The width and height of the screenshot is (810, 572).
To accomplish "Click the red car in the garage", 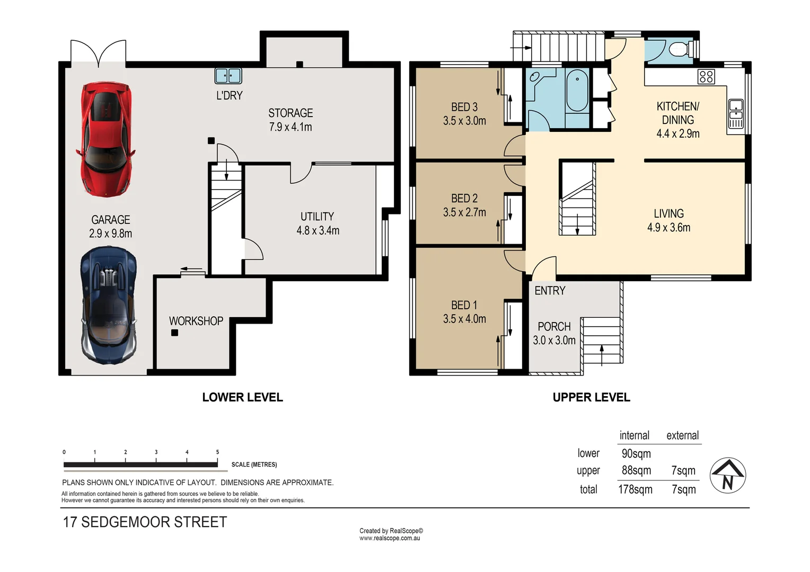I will tap(105, 139).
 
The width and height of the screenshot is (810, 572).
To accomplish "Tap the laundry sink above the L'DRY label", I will tap(228, 76).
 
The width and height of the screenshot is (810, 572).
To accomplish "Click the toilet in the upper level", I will tap(678, 50).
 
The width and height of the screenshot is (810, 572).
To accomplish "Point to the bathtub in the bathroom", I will tap(577, 91).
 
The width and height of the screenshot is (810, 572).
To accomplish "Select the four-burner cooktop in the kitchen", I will tap(706, 77).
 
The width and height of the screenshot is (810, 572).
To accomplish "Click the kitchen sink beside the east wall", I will tap(736, 113).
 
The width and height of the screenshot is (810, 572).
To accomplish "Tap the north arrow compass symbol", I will tap(728, 476).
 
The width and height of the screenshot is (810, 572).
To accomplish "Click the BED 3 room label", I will tap(464, 108).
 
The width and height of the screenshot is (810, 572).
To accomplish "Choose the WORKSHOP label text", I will tap(196, 321).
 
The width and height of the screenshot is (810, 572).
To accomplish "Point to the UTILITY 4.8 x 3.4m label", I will tap(318, 224).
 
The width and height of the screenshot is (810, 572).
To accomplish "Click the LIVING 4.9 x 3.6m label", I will tap(668, 220).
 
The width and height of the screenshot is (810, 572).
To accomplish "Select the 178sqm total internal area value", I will tap(635, 489).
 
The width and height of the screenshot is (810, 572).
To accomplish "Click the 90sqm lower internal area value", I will tap(636, 454).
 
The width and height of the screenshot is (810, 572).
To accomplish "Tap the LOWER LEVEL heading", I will tap(242, 397).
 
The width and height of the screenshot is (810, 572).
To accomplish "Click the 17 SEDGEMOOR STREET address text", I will tap(145, 522).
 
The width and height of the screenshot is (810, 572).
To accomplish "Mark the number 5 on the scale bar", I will tap(217, 452).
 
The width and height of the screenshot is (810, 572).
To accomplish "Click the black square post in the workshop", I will tap(174, 333).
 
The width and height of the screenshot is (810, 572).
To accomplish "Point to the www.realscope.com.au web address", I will tap(390, 538).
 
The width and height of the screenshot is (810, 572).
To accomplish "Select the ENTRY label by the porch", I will tap(550, 291).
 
